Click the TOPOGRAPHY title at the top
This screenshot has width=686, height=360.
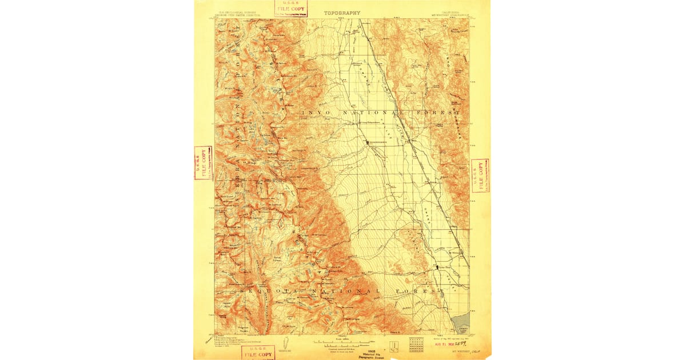tap(342, 12)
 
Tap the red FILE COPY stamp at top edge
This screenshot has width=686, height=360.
tap(290, 8)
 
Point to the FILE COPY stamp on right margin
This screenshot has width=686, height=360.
tap(480, 175)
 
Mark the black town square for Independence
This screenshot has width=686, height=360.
tap(368, 141)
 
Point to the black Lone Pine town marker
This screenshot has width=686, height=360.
tap(438, 267)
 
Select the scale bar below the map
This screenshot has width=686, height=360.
tap(341, 344)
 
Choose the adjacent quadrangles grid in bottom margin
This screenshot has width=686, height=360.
tap(418, 345)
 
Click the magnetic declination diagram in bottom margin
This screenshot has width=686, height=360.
tap(280, 345)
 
